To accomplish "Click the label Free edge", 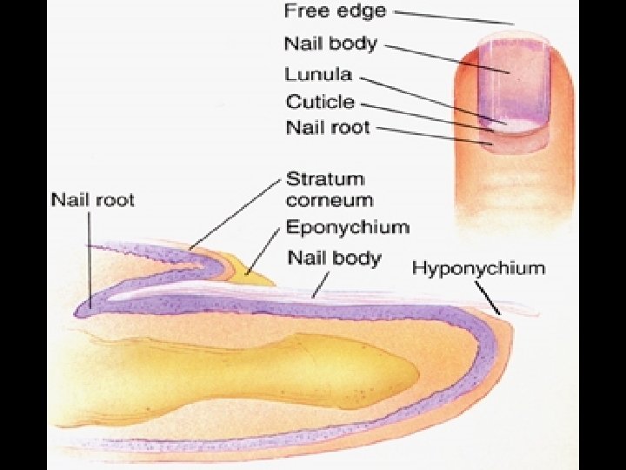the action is tap(335, 12).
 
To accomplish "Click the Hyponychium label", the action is tap(478, 267).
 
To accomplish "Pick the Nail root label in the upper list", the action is tap(328, 128).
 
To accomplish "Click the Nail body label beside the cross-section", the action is tap(335, 258).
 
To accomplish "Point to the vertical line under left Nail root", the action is tap(88, 257).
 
